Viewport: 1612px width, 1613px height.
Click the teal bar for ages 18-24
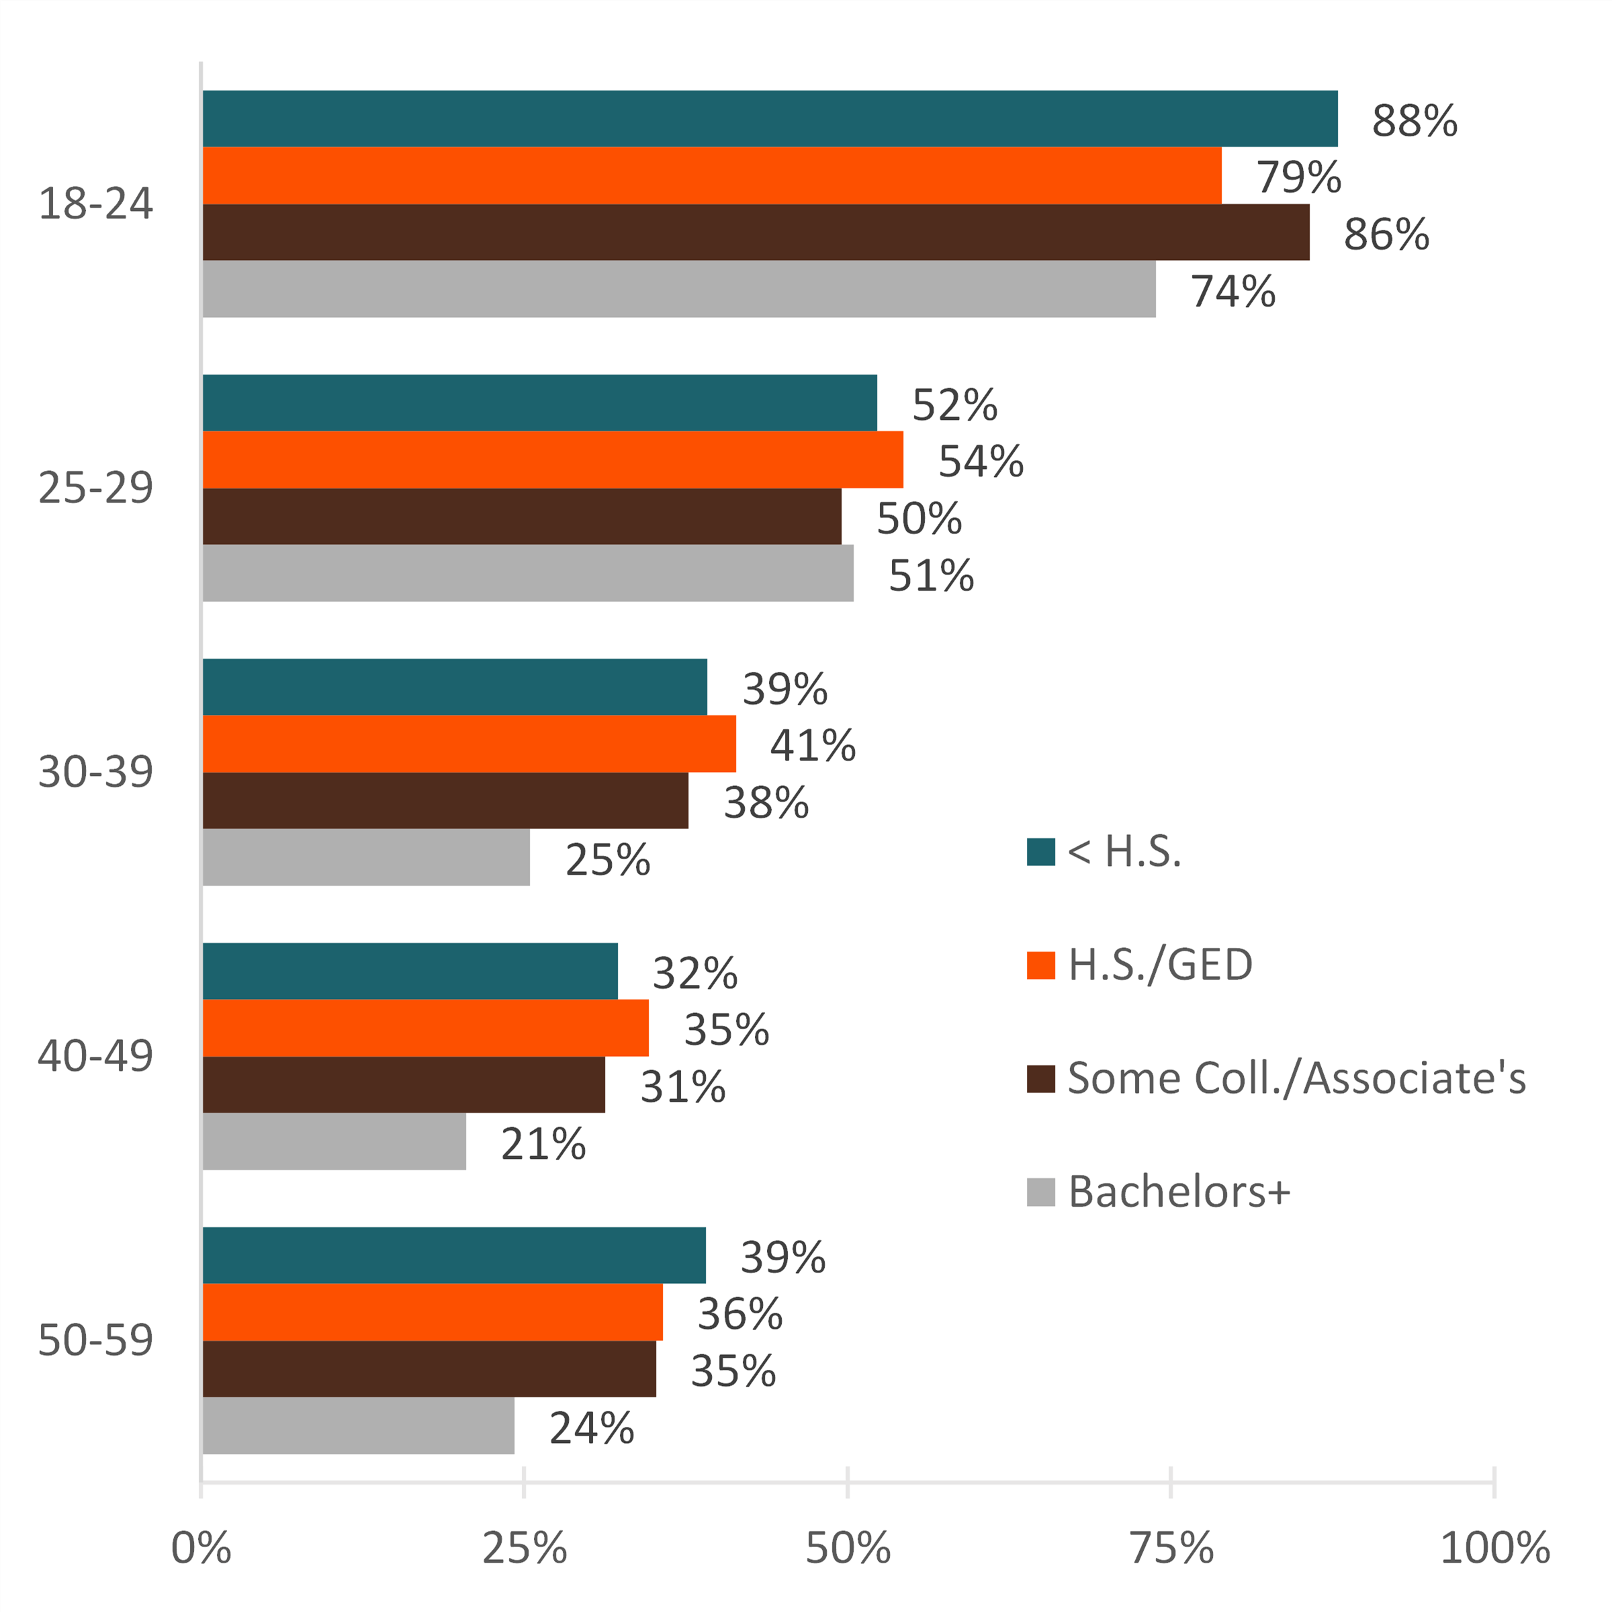pyautogui.click(x=770, y=118)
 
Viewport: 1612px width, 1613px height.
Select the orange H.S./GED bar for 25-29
pyautogui.click(x=553, y=460)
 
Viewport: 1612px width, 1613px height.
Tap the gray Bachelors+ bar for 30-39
pyautogui.click(x=365, y=857)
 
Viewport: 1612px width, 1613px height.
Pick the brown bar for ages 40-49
pyautogui.click(x=403, y=1084)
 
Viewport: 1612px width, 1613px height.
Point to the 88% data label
pyautogui.click(x=1414, y=121)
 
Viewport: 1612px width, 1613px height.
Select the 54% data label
pyautogui.click(x=980, y=462)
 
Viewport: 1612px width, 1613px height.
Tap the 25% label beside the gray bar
pyautogui.click(x=607, y=860)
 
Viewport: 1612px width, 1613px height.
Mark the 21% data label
pyautogui.click(x=543, y=1144)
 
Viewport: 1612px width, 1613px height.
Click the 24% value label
pyautogui.click(x=591, y=1428)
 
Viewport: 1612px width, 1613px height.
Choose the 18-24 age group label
pyautogui.click(x=95, y=204)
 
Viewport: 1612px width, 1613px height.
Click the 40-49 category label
pyautogui.click(x=95, y=1056)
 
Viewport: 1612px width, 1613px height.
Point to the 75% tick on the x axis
pyautogui.click(x=1171, y=1549)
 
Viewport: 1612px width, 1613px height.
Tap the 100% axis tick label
pyautogui.click(x=1494, y=1549)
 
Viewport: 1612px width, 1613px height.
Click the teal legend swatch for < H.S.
pyautogui.click(x=1040, y=852)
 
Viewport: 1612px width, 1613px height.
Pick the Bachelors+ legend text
pyautogui.click(x=1178, y=1191)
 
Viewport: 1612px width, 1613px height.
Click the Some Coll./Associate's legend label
pyautogui.click(x=1296, y=1078)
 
